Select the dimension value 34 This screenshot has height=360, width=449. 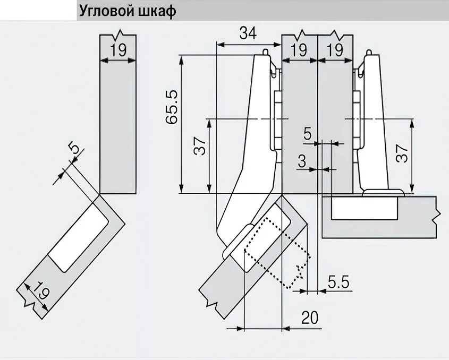[248, 33]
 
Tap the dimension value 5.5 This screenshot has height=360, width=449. [338, 282]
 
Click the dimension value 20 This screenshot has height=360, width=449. [310, 318]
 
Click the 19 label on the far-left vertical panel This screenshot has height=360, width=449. [118, 51]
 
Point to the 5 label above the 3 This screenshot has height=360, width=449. [308, 134]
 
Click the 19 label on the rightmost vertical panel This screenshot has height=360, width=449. [335, 51]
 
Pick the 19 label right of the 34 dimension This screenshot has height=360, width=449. [299, 51]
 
